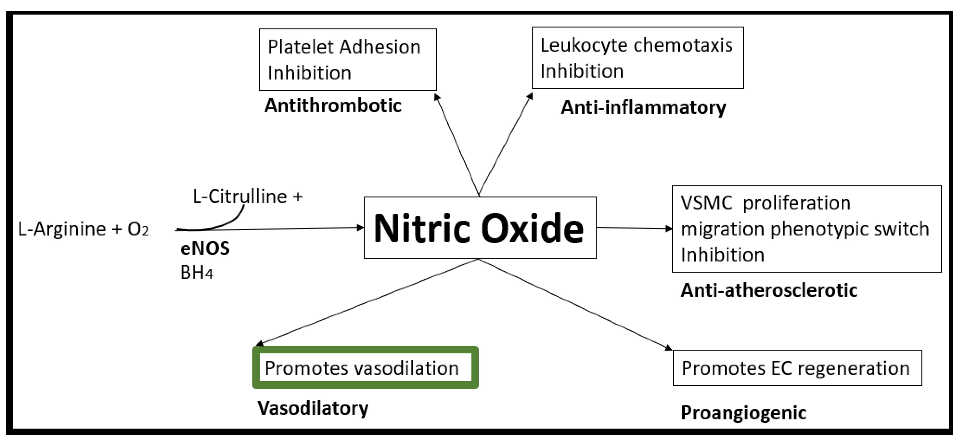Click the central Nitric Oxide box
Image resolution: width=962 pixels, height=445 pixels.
pos(480,227)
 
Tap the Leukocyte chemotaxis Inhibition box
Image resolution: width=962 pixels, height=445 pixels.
pos(638,58)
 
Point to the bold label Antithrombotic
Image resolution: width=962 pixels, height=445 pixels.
pos(333,105)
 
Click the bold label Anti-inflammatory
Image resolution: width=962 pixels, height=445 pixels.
pos(643,108)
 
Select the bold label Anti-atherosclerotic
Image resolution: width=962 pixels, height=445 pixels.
pos(769,290)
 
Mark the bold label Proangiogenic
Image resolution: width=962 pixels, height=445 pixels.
pos(743,413)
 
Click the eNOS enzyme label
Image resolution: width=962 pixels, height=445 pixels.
pos(205,248)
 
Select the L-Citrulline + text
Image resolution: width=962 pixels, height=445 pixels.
pos(247,196)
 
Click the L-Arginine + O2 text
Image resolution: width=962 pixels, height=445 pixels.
pos(83,229)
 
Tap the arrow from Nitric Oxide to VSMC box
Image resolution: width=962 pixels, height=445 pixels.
pos(634,228)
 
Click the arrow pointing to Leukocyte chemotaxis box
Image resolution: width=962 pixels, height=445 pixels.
pos(505,144)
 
